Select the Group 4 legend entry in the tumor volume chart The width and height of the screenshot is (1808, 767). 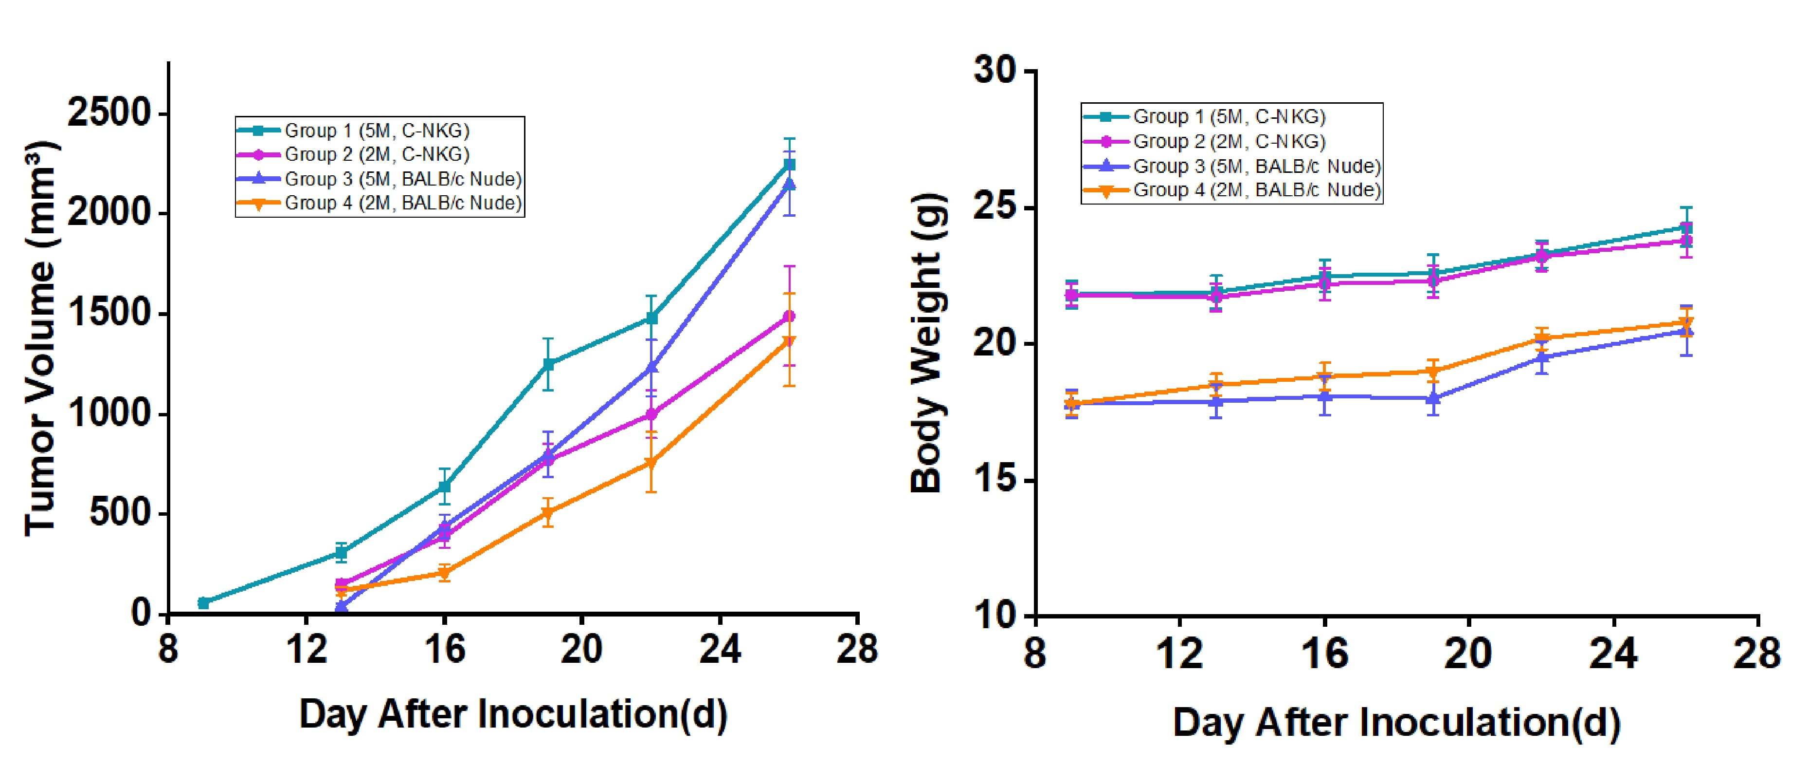pyautogui.click(x=403, y=204)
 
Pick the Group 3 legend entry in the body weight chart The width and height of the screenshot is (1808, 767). pyautogui.click(x=1256, y=167)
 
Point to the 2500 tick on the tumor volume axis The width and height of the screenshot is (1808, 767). pyautogui.click(x=109, y=114)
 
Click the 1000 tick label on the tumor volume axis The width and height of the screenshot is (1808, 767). pyautogui.click(x=109, y=414)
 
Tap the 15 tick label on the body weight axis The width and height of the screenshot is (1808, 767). pyautogui.click(x=996, y=481)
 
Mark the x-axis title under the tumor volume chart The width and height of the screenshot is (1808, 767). pyautogui.click(x=513, y=715)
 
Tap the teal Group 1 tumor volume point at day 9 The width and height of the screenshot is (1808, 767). pyautogui.click(x=203, y=603)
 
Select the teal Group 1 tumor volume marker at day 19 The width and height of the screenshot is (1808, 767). pyautogui.click(x=548, y=364)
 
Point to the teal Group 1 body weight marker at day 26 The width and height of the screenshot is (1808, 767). pyautogui.click(x=1686, y=227)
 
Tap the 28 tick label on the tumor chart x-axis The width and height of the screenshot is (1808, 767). pyautogui.click(x=857, y=649)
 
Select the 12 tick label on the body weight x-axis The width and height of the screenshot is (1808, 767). pyautogui.click(x=1179, y=655)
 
